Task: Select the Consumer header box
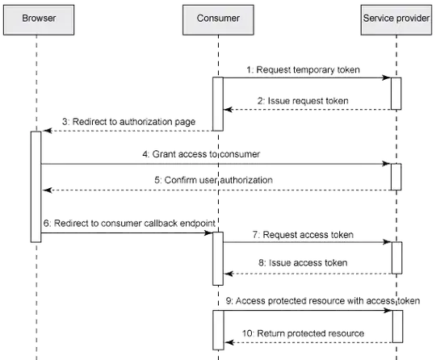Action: click(216, 17)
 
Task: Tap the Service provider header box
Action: click(396, 17)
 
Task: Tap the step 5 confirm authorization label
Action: click(215, 181)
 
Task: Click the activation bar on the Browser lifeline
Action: click(36, 186)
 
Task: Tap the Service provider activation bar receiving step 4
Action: click(396, 176)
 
